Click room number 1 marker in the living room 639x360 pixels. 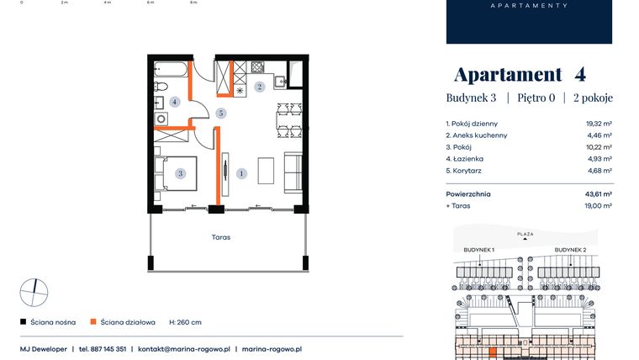pyautogui.click(x=241, y=173)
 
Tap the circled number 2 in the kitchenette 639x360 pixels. pyautogui.click(x=259, y=87)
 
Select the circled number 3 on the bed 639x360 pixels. pyautogui.click(x=180, y=173)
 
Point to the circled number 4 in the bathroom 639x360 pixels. pyautogui.click(x=174, y=102)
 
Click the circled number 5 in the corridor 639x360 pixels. pyautogui.click(x=221, y=113)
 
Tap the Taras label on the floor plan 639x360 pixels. pyautogui.click(x=221, y=237)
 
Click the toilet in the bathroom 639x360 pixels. pyautogui.click(x=161, y=87)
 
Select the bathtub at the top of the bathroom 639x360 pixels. pyautogui.click(x=171, y=69)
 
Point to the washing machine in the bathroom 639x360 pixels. pyautogui.click(x=161, y=119)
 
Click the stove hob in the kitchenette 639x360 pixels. pyautogui.click(x=257, y=66)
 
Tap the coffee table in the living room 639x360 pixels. pyautogui.click(x=266, y=171)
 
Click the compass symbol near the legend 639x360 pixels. pyautogui.click(x=34, y=293)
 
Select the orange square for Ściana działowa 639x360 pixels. pyautogui.click(x=93, y=321)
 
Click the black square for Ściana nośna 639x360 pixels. pyautogui.click(x=24, y=321)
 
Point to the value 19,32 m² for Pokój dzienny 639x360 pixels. pyautogui.click(x=599, y=124)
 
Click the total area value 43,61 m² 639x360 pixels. pyautogui.click(x=599, y=194)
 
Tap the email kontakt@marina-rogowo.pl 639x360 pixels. pyautogui.click(x=184, y=349)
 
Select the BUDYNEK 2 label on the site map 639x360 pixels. pyautogui.click(x=570, y=250)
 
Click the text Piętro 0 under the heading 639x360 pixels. pyautogui.click(x=536, y=98)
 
